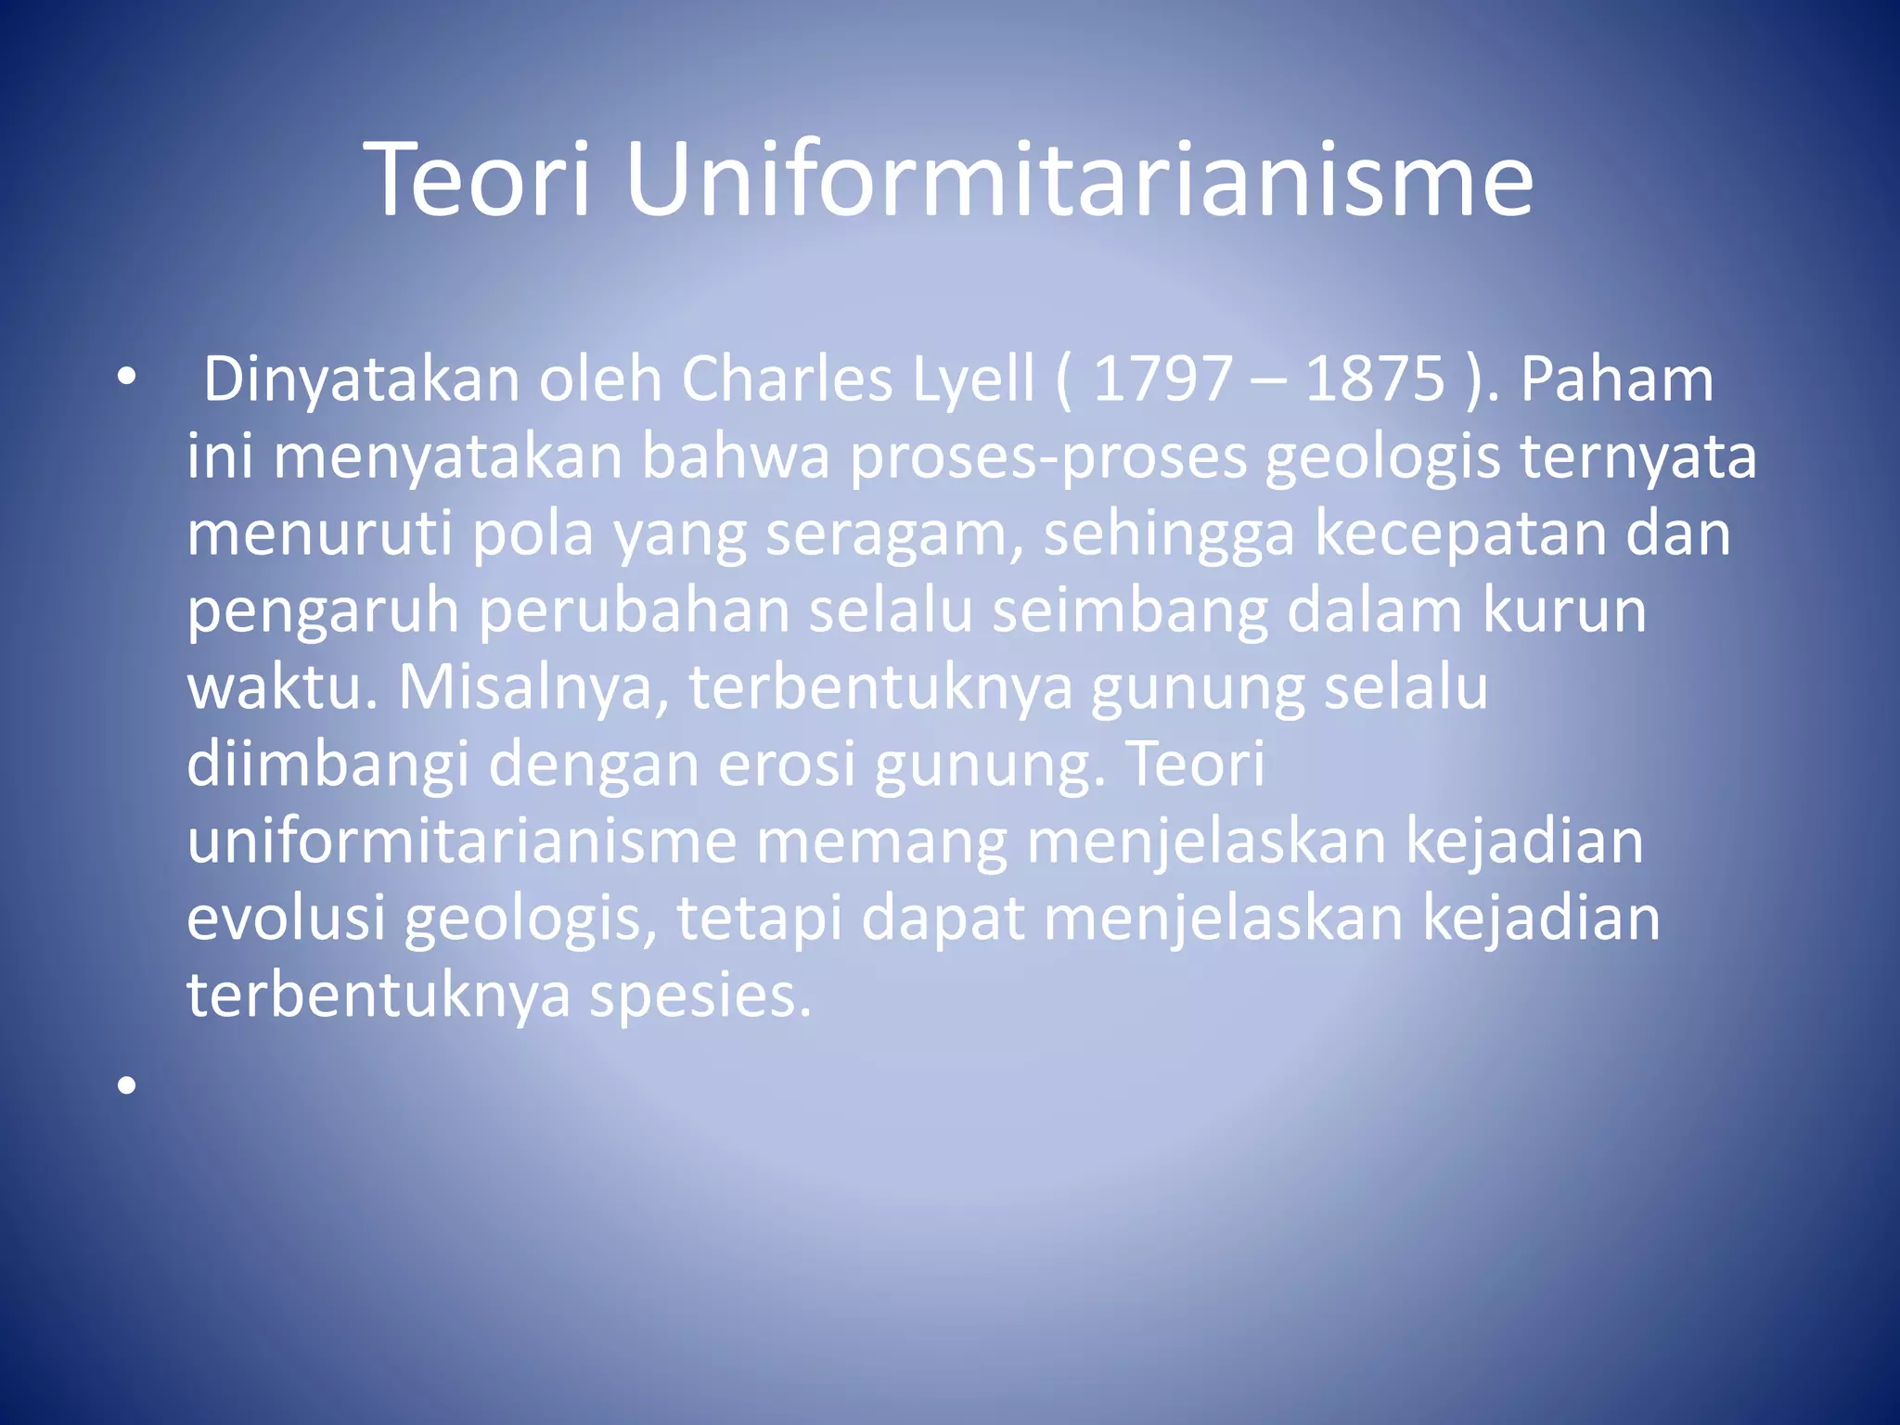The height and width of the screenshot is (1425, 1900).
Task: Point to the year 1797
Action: (x=1162, y=379)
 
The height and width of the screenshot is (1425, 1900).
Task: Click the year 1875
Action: (x=1375, y=379)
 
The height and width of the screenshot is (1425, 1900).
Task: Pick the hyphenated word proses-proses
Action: (x=1048, y=458)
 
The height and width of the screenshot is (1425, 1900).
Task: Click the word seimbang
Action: (x=1129, y=612)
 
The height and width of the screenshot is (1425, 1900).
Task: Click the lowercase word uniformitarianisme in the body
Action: (x=462, y=841)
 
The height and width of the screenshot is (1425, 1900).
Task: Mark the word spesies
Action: (x=700, y=996)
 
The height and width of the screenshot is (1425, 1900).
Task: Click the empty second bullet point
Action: (x=127, y=1085)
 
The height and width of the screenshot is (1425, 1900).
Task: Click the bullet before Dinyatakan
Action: (x=127, y=378)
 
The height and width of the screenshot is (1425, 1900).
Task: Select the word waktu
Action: (x=281, y=689)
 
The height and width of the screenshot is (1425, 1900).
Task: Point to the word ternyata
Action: (x=1637, y=458)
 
